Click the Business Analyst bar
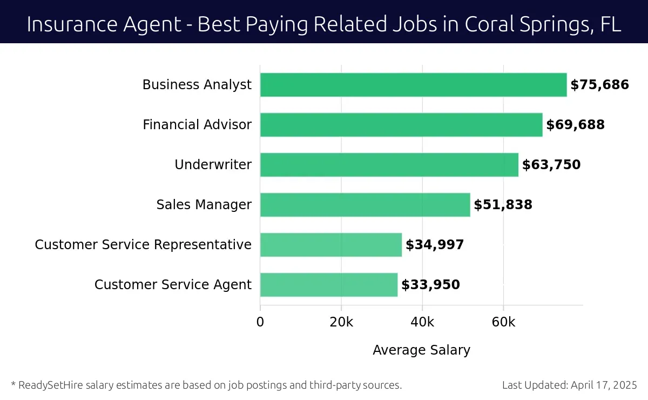tap(413, 85)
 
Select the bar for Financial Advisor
tap(401, 125)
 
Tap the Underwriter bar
tap(389, 165)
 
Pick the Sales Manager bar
tap(365, 205)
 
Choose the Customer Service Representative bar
tap(331, 245)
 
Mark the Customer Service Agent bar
tap(329, 285)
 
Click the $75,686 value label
tap(599, 85)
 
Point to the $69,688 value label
tap(575, 125)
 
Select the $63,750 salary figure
tap(551, 165)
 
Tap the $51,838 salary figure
tap(503, 205)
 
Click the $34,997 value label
tap(435, 245)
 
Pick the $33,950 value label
tap(430, 285)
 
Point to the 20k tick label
tap(341, 322)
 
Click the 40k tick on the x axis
tap(422, 322)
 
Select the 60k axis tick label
tap(503, 322)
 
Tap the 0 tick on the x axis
tap(260, 322)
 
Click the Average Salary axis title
tap(421, 350)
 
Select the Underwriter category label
tap(213, 165)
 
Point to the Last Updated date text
tap(569, 385)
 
